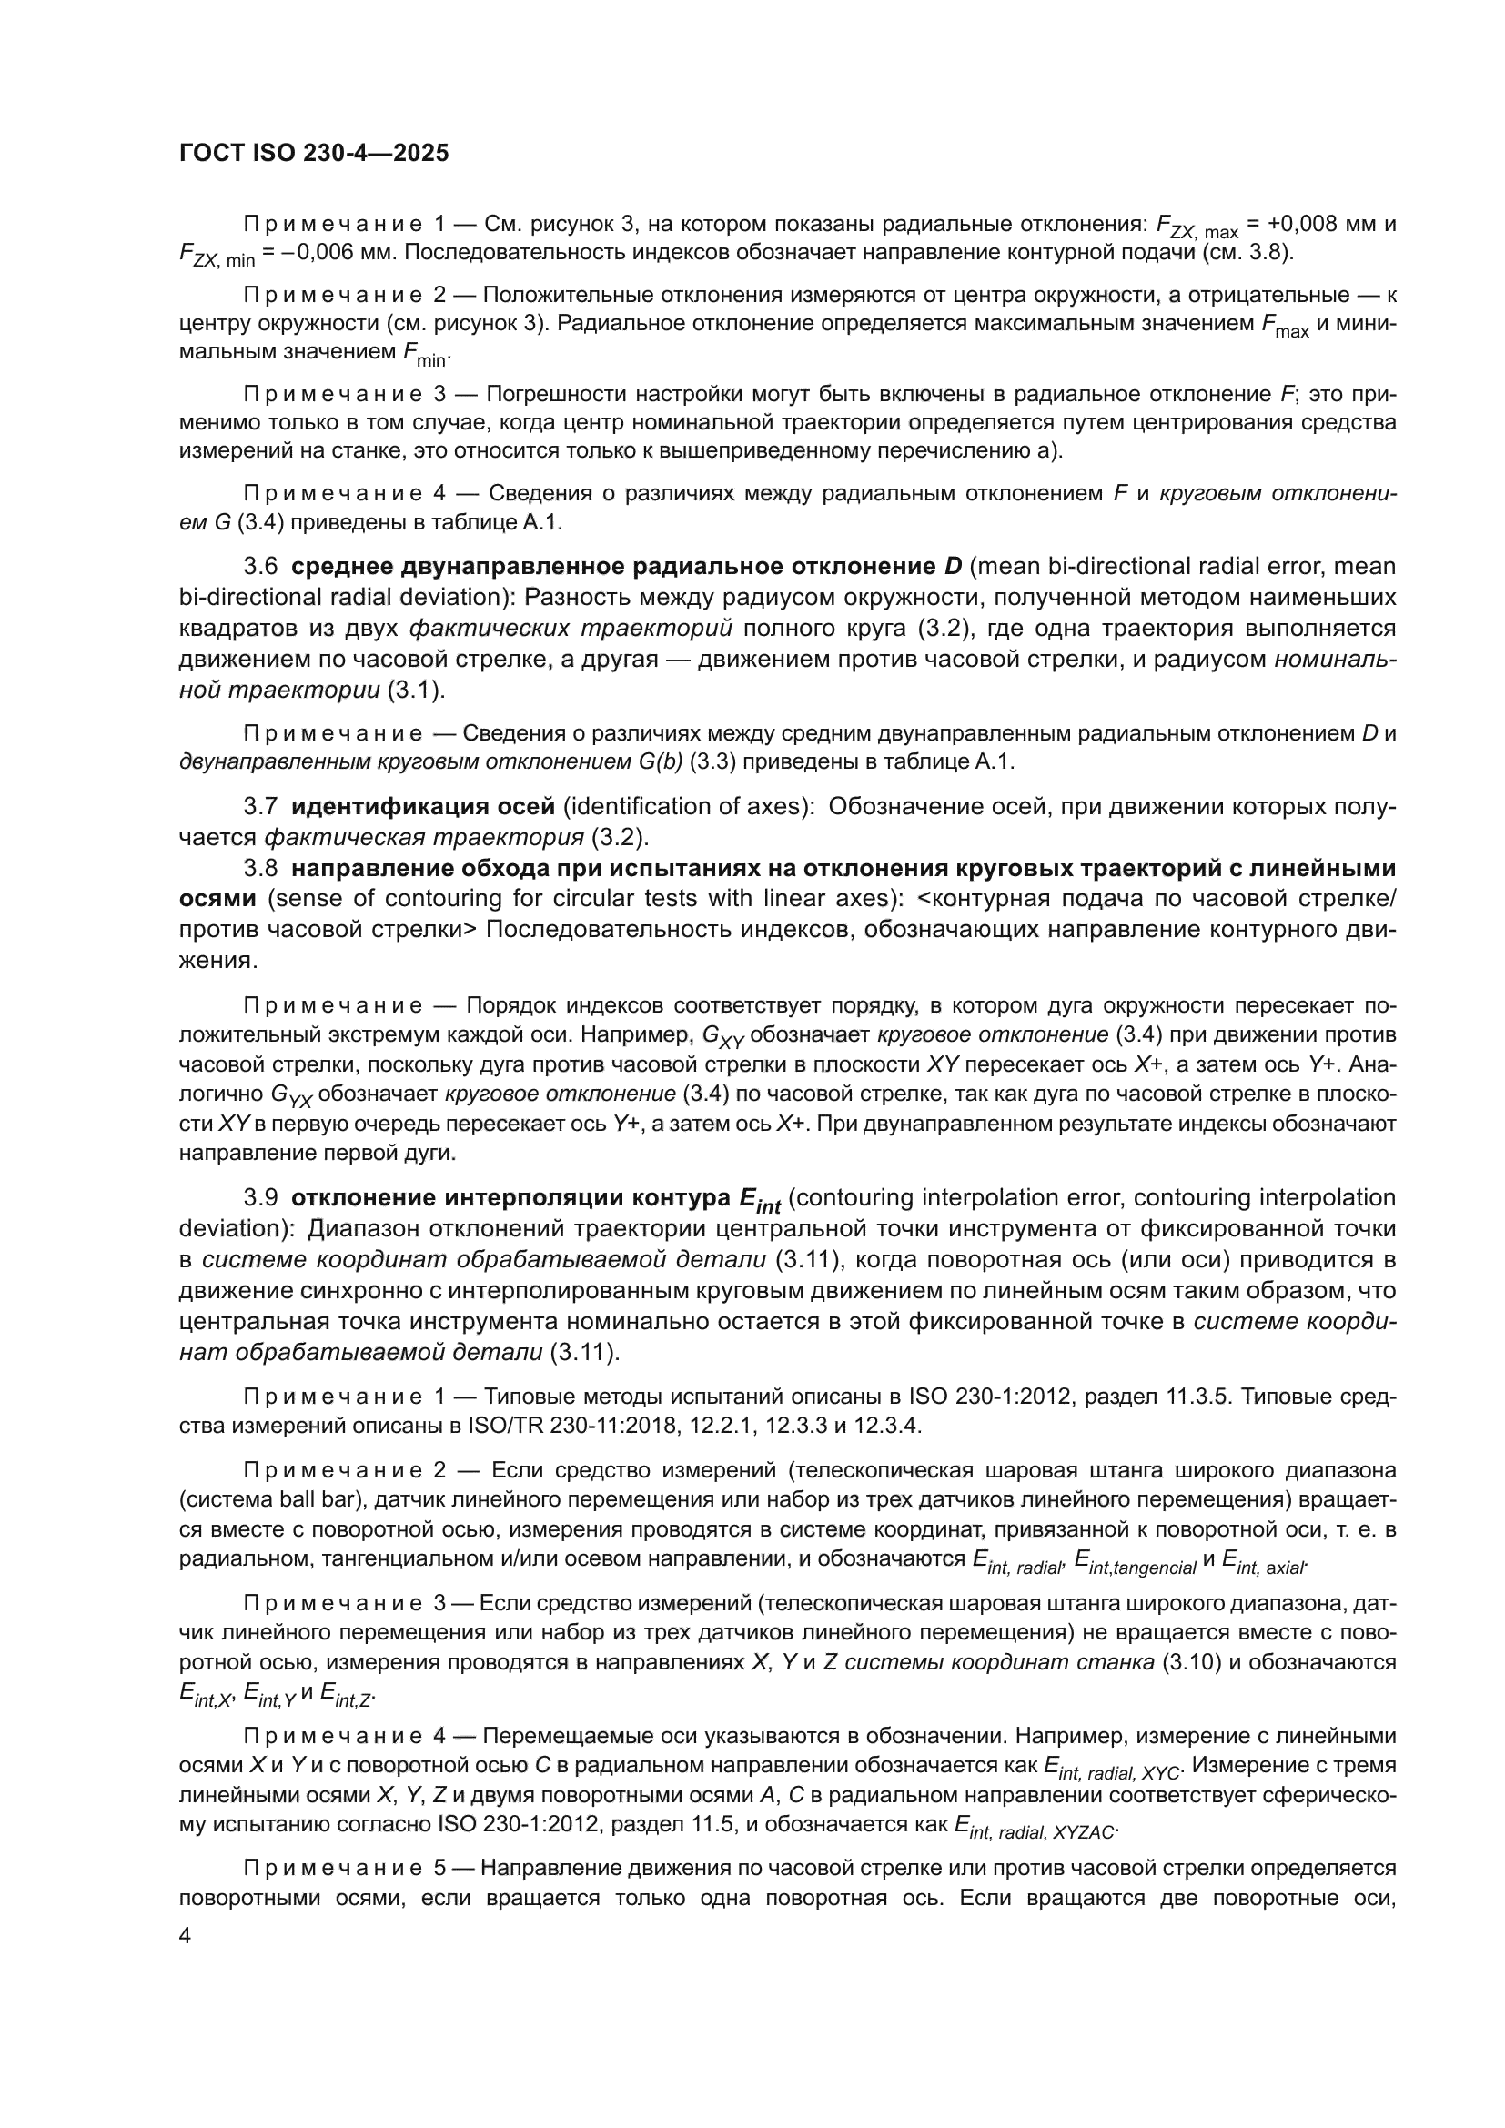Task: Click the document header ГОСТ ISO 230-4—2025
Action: pyautogui.click(x=313, y=153)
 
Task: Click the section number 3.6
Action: pyautogui.click(x=260, y=566)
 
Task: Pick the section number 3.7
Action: pyautogui.click(x=260, y=806)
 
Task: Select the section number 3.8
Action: pyautogui.click(x=260, y=869)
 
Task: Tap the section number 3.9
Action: pyautogui.click(x=260, y=1198)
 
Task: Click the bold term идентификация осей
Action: pyautogui.click(x=421, y=806)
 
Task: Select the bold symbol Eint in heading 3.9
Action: pyautogui.click(x=759, y=1200)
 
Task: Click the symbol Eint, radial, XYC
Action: pyautogui.click(x=1111, y=1767)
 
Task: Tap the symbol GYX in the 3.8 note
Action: pyautogui.click(x=298, y=1095)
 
